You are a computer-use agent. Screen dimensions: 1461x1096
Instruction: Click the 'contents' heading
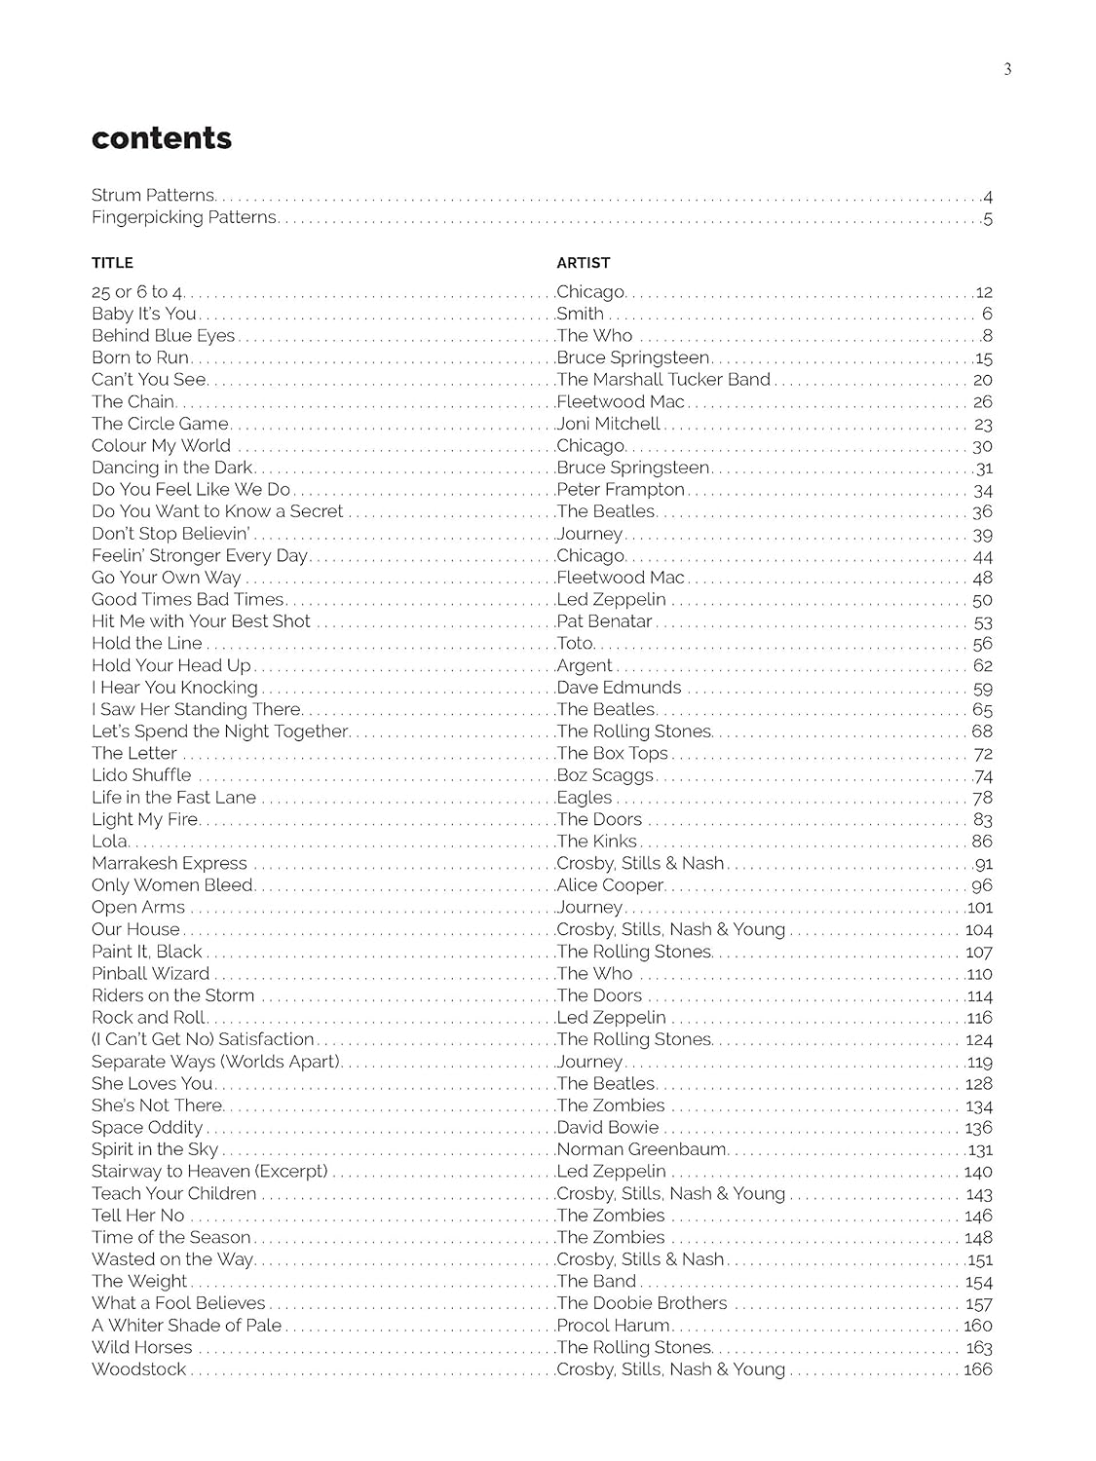(x=162, y=138)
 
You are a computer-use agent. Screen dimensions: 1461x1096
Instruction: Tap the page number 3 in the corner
(x=1007, y=68)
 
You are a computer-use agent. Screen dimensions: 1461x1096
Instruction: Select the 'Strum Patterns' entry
(x=153, y=195)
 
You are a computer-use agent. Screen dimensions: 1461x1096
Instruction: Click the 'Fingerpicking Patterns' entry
(x=184, y=217)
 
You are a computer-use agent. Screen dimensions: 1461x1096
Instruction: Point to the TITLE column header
(x=112, y=263)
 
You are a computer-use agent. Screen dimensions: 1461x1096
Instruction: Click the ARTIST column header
(x=584, y=263)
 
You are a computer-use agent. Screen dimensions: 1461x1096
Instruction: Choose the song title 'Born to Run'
(x=139, y=357)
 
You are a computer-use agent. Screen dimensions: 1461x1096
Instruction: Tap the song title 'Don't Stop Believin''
(x=170, y=534)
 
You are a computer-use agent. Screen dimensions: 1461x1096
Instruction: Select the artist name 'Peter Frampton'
(x=621, y=490)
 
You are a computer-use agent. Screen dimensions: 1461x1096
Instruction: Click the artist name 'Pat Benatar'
(x=604, y=621)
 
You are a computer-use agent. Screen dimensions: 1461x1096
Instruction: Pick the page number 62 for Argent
(x=982, y=666)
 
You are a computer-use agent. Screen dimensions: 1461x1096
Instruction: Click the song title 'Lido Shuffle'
(x=141, y=775)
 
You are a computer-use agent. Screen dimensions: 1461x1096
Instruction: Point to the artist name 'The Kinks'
(x=596, y=842)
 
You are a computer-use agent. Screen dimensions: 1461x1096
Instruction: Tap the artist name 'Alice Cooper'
(x=610, y=885)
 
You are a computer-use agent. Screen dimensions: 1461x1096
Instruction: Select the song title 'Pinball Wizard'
(x=150, y=974)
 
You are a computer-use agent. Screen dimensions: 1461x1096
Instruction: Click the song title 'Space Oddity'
(x=147, y=1128)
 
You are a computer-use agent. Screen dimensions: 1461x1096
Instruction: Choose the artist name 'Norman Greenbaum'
(x=641, y=1149)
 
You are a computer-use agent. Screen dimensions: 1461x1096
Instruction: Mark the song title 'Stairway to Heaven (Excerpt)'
(x=209, y=1172)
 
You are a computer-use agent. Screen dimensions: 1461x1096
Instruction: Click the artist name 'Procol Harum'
(x=613, y=1326)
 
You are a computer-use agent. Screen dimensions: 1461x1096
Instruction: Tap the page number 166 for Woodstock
(x=977, y=1369)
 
